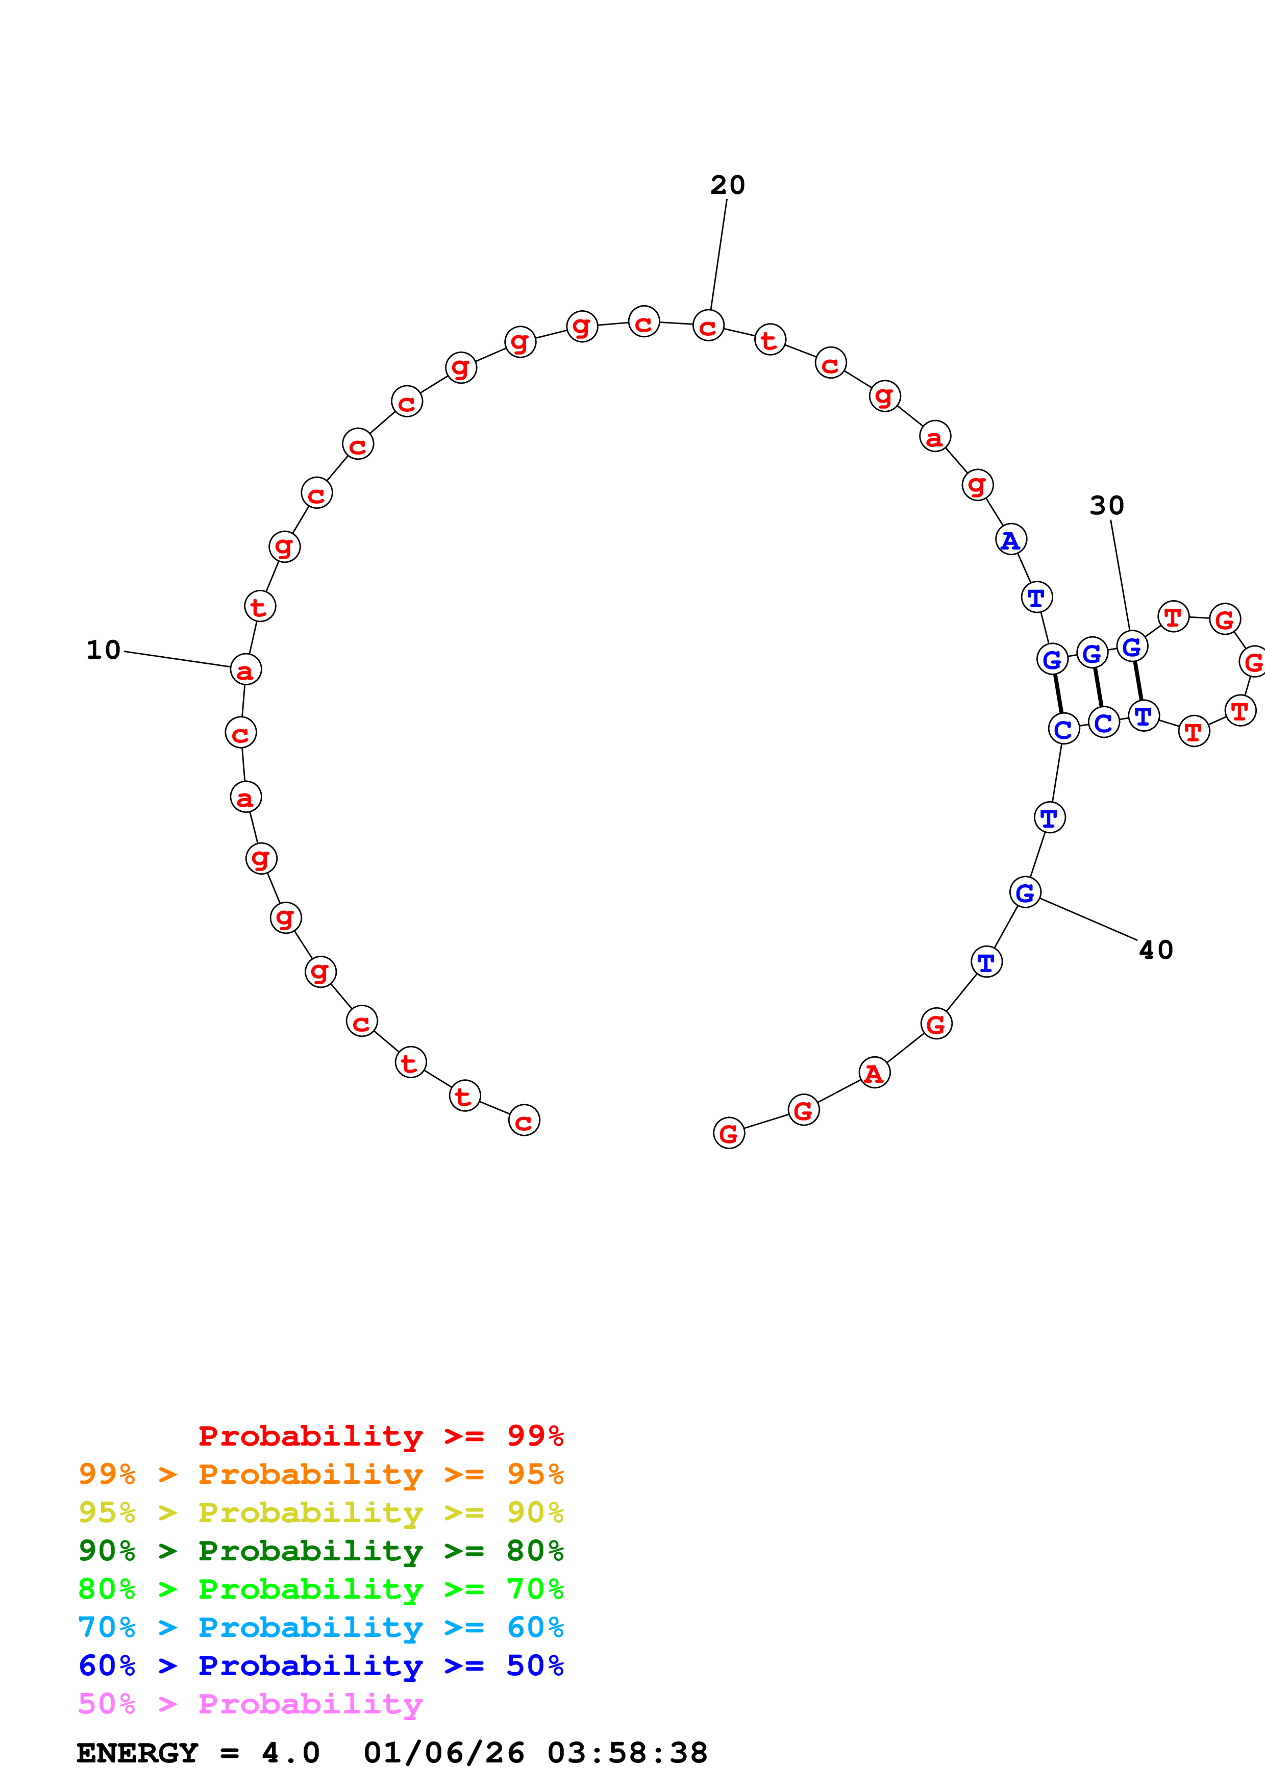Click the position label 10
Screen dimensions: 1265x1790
click(x=104, y=650)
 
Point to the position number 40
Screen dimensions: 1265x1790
click(x=1156, y=950)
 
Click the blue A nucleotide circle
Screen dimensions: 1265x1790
click(x=1011, y=539)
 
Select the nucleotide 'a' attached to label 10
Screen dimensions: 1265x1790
click(x=245, y=669)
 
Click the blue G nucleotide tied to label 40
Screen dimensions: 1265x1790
click(x=1025, y=892)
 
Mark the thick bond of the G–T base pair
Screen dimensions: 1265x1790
click(x=1138, y=681)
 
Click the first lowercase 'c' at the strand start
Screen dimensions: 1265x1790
click(x=524, y=1121)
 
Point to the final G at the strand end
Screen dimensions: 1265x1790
click(x=729, y=1133)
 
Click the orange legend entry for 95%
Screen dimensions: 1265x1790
click(x=321, y=1474)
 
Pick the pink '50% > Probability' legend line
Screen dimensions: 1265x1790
click(x=250, y=1703)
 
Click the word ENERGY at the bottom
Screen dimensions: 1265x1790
click(x=137, y=1753)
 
